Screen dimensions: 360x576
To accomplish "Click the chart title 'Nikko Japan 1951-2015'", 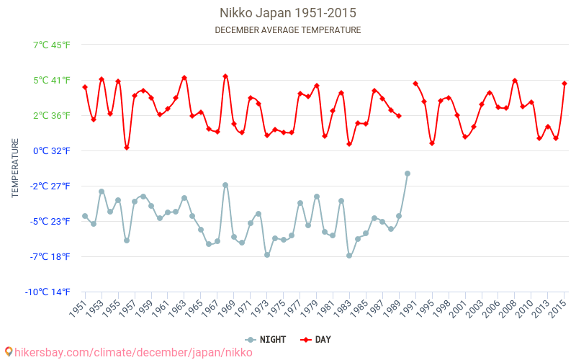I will tap(288, 13).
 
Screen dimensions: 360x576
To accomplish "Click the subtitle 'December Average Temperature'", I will tap(288, 30).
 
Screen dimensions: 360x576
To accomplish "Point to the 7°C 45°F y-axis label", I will tap(52, 45).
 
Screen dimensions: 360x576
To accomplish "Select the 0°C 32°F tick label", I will tap(52, 150).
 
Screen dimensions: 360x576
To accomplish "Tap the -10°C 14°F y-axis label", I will tap(48, 292).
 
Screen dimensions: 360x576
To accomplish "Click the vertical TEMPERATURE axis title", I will tap(15, 168).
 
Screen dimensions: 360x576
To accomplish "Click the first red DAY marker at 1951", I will tap(85, 87).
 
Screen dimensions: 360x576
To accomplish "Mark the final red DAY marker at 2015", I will tap(564, 84).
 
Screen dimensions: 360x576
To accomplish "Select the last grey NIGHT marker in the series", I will tap(408, 174).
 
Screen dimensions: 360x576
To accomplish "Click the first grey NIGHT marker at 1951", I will tap(85, 216).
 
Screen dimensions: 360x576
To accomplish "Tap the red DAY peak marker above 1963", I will tap(184, 78).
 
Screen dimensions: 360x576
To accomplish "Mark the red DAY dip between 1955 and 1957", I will tap(127, 148).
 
